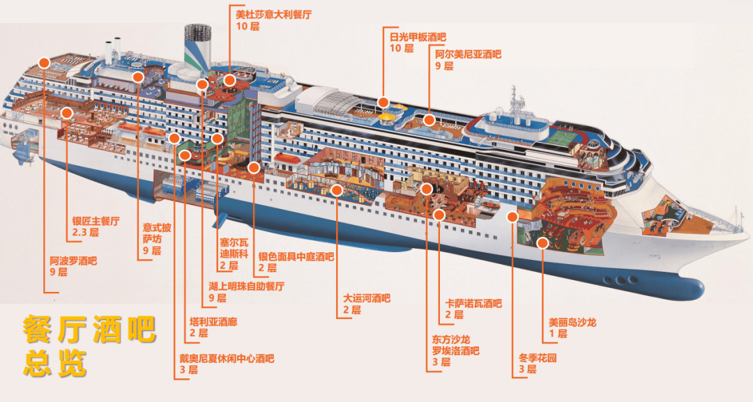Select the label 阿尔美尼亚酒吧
tap(468, 54)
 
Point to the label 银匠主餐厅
tap(96, 221)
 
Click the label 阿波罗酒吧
tap(73, 261)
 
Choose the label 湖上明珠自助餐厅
tap(246, 286)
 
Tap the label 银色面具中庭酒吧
tap(296, 256)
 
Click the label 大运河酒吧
tap(367, 298)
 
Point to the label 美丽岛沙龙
tap(572, 323)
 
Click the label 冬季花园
tap(536, 358)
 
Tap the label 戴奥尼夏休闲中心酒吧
tap(227, 359)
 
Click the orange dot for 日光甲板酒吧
tap(383, 102)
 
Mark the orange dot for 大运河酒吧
tap(337, 190)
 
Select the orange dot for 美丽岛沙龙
tap(542, 242)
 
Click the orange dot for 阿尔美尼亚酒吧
tap(429, 120)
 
